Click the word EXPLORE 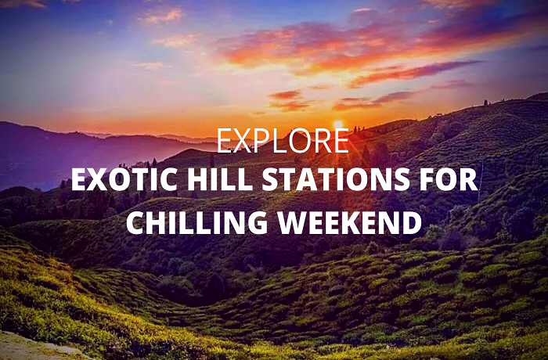(283, 141)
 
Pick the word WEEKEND (348, 222)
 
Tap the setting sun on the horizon (338, 124)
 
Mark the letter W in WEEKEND (286, 222)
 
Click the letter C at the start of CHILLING (135, 222)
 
